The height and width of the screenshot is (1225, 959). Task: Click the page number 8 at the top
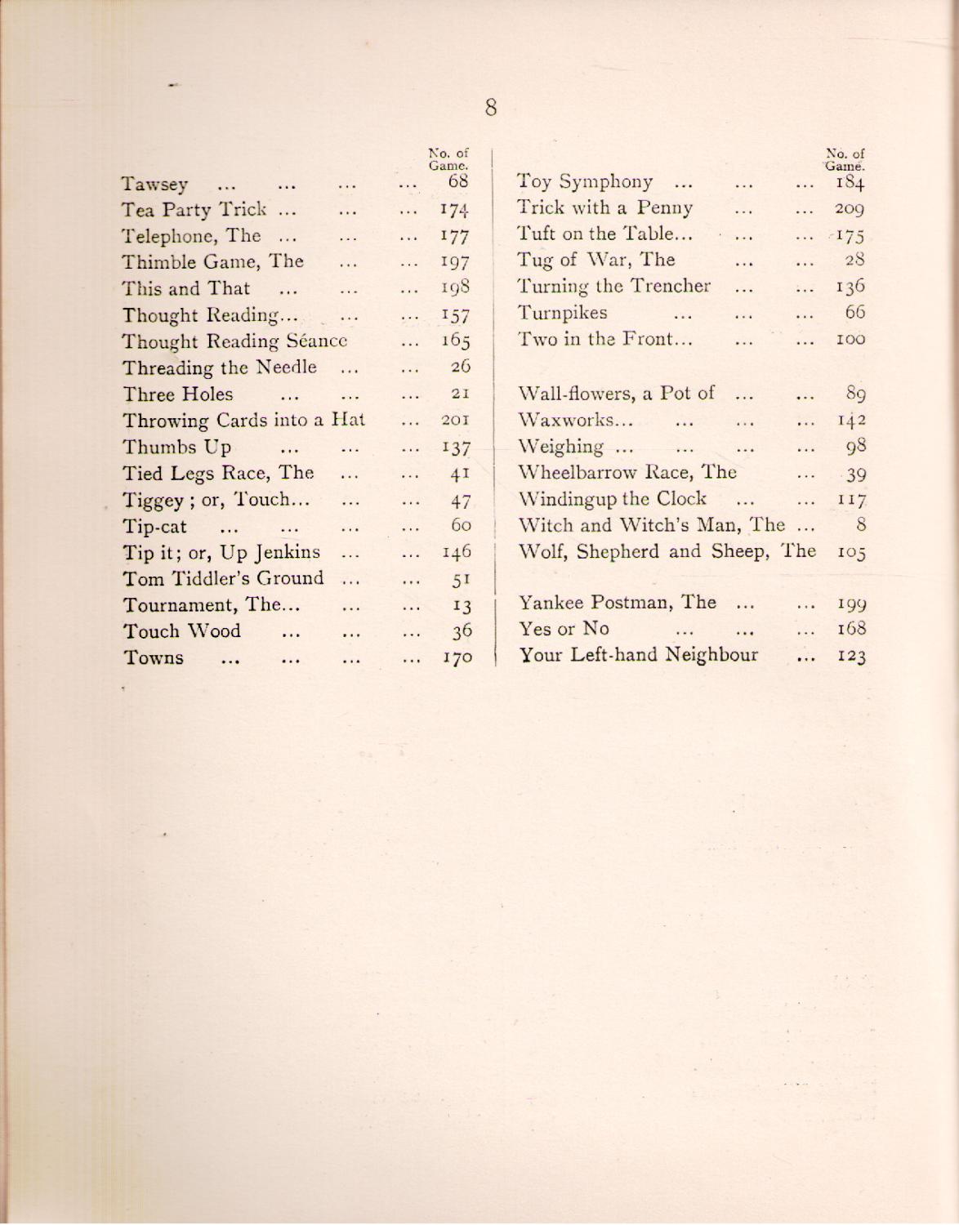point(491,108)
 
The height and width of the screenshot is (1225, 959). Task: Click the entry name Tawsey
point(155,185)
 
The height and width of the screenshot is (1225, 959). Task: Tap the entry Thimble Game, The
point(212,262)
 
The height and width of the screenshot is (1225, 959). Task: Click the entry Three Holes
point(177,394)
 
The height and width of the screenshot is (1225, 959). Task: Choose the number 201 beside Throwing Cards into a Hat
point(453,421)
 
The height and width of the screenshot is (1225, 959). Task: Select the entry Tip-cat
point(155,527)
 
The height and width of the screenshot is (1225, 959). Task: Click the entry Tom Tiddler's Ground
point(223,579)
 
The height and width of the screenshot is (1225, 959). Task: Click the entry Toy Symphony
point(585,181)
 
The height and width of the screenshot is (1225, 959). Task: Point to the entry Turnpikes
point(563,313)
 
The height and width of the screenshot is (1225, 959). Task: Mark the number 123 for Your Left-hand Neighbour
point(850,657)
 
